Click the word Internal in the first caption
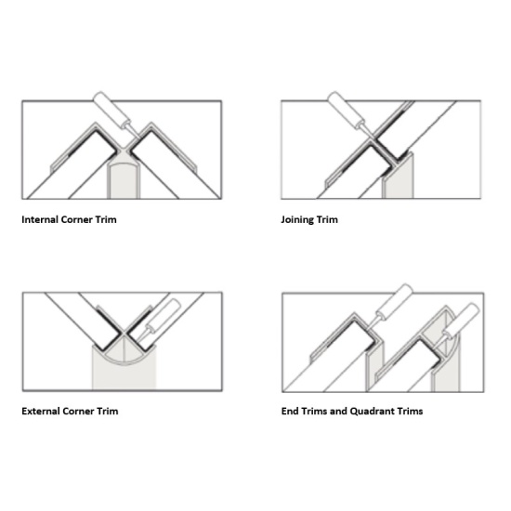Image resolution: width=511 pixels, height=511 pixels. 40,219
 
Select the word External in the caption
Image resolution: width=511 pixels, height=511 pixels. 41,412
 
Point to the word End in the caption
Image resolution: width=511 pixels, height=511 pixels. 290,412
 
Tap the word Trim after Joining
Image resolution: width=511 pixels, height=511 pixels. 327,219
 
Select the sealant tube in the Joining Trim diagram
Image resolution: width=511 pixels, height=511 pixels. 348,113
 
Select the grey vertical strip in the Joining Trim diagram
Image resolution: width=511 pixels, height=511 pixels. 398,177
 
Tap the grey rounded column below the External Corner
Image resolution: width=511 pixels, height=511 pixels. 124,372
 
